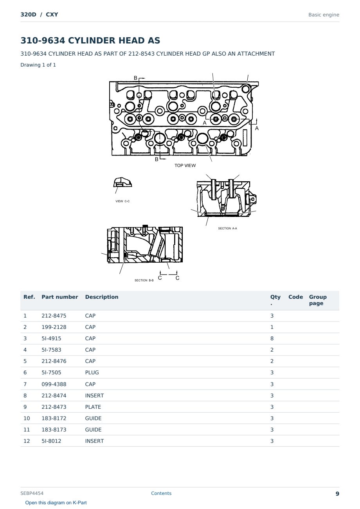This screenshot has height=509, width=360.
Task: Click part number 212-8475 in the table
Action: pos(54,316)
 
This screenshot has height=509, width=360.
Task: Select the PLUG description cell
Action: pos(92,372)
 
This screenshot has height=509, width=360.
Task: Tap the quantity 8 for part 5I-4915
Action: pos(272,338)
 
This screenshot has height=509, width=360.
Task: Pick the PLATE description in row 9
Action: pos(93,407)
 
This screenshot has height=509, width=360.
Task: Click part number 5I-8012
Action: pos(51,441)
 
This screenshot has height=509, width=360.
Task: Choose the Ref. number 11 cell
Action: pos(27,430)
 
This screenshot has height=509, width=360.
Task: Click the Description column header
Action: pos(102,297)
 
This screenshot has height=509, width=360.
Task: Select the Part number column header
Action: pos(60,297)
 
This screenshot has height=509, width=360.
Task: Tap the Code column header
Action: pos(295,297)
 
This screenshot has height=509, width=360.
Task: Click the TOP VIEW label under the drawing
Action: pos(185,165)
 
